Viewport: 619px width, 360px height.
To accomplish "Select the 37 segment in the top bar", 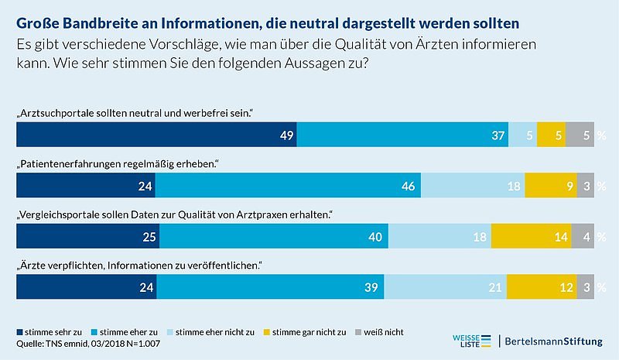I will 402,135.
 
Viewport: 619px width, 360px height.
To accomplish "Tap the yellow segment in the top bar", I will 550,135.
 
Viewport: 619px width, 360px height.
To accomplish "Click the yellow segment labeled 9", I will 550,186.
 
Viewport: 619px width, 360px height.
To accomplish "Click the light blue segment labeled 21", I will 446,287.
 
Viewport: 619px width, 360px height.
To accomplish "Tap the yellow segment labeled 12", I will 542,287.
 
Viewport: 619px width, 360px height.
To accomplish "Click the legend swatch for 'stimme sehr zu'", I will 20,332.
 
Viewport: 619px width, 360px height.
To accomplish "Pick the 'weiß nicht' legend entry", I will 375,332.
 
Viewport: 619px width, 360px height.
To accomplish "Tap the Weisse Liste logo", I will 471,340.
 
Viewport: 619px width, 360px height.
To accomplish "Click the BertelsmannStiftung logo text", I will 558,341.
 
